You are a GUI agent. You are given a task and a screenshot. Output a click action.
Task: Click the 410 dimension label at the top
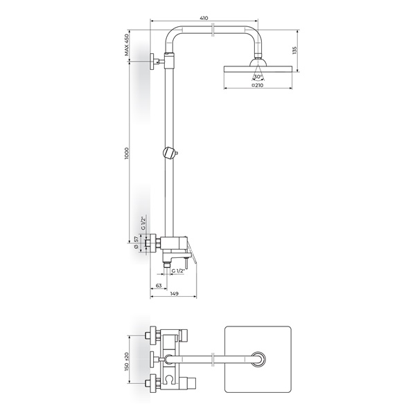point(204,18)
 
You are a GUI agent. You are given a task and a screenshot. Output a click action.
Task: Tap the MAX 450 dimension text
point(127,44)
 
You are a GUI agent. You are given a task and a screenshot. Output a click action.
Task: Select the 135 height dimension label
point(294,50)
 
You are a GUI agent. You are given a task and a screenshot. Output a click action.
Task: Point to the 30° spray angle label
point(258,77)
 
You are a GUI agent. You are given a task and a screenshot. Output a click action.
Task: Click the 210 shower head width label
point(257,85)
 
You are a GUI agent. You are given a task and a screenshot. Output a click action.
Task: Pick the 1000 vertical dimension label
point(127,153)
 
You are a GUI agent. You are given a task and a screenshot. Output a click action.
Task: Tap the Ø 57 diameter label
point(136,242)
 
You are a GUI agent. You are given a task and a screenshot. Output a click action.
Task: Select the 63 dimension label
point(159,286)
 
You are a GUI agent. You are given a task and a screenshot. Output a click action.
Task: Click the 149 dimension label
point(174,293)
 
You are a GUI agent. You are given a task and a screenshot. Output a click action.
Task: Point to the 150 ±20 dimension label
point(127,362)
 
